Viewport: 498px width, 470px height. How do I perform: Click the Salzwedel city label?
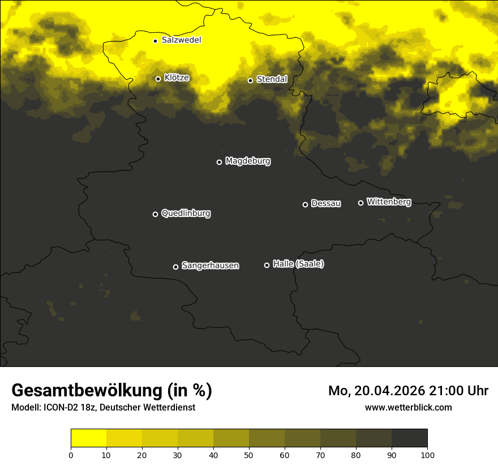click(181, 40)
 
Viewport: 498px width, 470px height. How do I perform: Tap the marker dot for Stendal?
click(250, 80)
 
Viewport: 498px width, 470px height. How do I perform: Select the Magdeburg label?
click(248, 161)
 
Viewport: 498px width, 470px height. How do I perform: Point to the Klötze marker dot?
click(158, 79)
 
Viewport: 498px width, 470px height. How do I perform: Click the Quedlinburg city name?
click(186, 213)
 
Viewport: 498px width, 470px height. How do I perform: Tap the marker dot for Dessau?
click(305, 204)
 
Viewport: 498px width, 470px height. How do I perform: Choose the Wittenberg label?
click(389, 202)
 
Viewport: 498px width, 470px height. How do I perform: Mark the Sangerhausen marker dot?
click(175, 267)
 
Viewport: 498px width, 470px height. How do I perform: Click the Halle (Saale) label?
click(298, 264)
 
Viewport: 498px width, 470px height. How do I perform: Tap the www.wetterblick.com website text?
click(408, 407)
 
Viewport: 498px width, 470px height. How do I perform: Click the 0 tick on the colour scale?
click(71, 455)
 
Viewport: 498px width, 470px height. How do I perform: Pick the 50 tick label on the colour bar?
click(249, 455)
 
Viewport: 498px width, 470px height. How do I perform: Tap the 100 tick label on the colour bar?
click(427, 455)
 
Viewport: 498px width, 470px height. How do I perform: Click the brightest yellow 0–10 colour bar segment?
click(88, 438)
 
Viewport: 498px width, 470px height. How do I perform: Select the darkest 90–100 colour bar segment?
click(409, 438)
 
